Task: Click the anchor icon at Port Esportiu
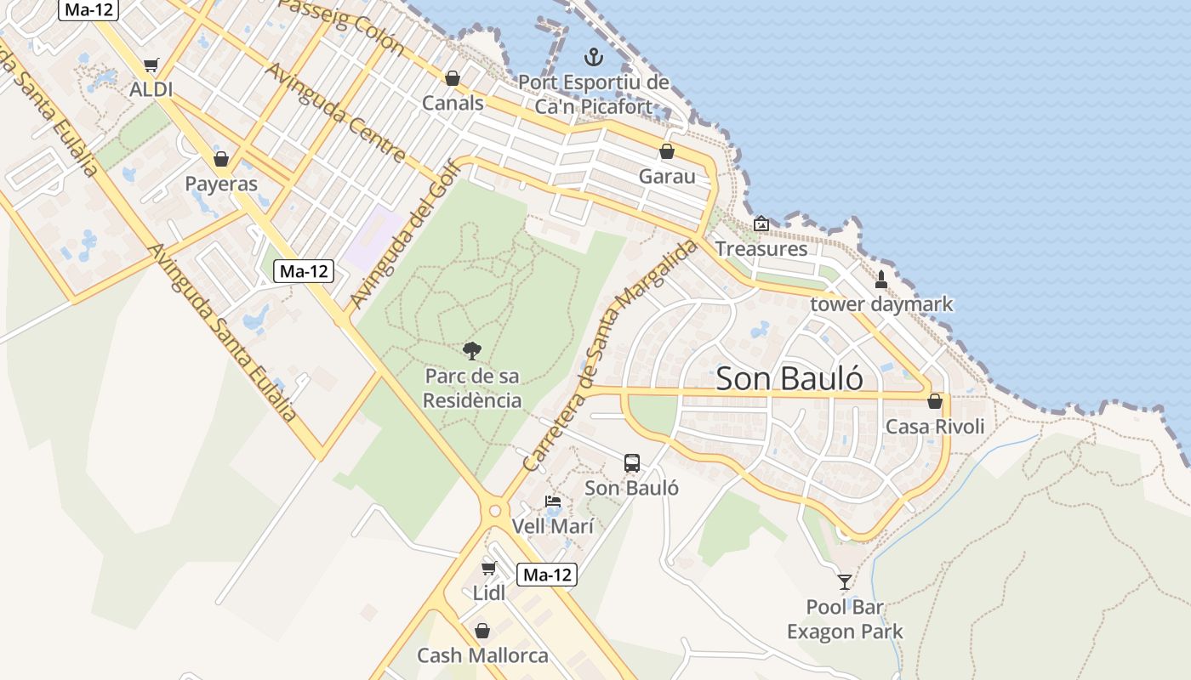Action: [x=593, y=58]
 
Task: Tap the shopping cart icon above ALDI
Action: [x=151, y=65]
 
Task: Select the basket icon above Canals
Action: [x=453, y=78]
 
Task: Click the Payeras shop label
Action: [x=221, y=184]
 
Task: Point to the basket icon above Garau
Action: [x=667, y=151]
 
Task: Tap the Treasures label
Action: [x=761, y=249]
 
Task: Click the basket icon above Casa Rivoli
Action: [x=935, y=401]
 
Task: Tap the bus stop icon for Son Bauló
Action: [x=632, y=462]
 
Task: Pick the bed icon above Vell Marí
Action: [x=553, y=501]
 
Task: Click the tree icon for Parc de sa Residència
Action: [x=472, y=350]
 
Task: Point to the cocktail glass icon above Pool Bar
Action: [x=844, y=582]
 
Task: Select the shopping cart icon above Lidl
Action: [x=488, y=568]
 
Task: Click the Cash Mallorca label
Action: [x=482, y=655]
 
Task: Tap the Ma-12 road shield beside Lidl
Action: [x=548, y=575]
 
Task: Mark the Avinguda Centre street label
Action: [x=336, y=111]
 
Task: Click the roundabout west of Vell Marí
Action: [x=494, y=512]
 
